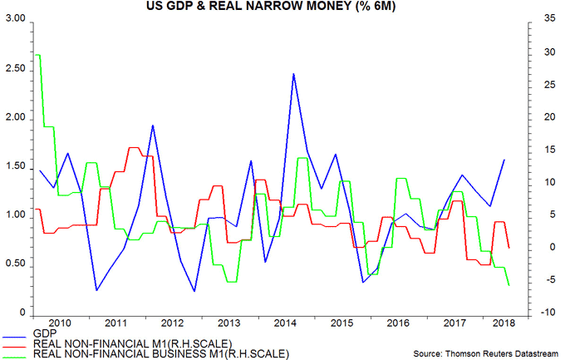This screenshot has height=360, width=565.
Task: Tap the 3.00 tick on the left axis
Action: [14, 18]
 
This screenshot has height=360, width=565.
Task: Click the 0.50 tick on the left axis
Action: [14, 264]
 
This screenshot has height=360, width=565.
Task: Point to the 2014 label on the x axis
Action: [285, 322]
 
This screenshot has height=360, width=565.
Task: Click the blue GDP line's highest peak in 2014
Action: [293, 74]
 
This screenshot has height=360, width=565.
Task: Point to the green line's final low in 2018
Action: [508, 285]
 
